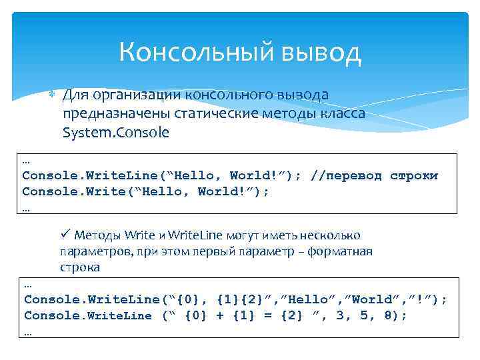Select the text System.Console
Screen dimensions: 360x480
tap(115, 132)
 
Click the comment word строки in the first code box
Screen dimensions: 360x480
tap(414, 176)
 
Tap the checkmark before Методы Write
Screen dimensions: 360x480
tap(65, 234)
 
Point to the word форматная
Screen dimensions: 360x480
tap(346, 251)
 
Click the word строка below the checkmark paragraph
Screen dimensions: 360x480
tap(80, 267)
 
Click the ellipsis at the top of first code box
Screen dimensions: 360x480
tap(26, 161)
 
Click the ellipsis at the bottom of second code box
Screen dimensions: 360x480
tap(27, 331)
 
